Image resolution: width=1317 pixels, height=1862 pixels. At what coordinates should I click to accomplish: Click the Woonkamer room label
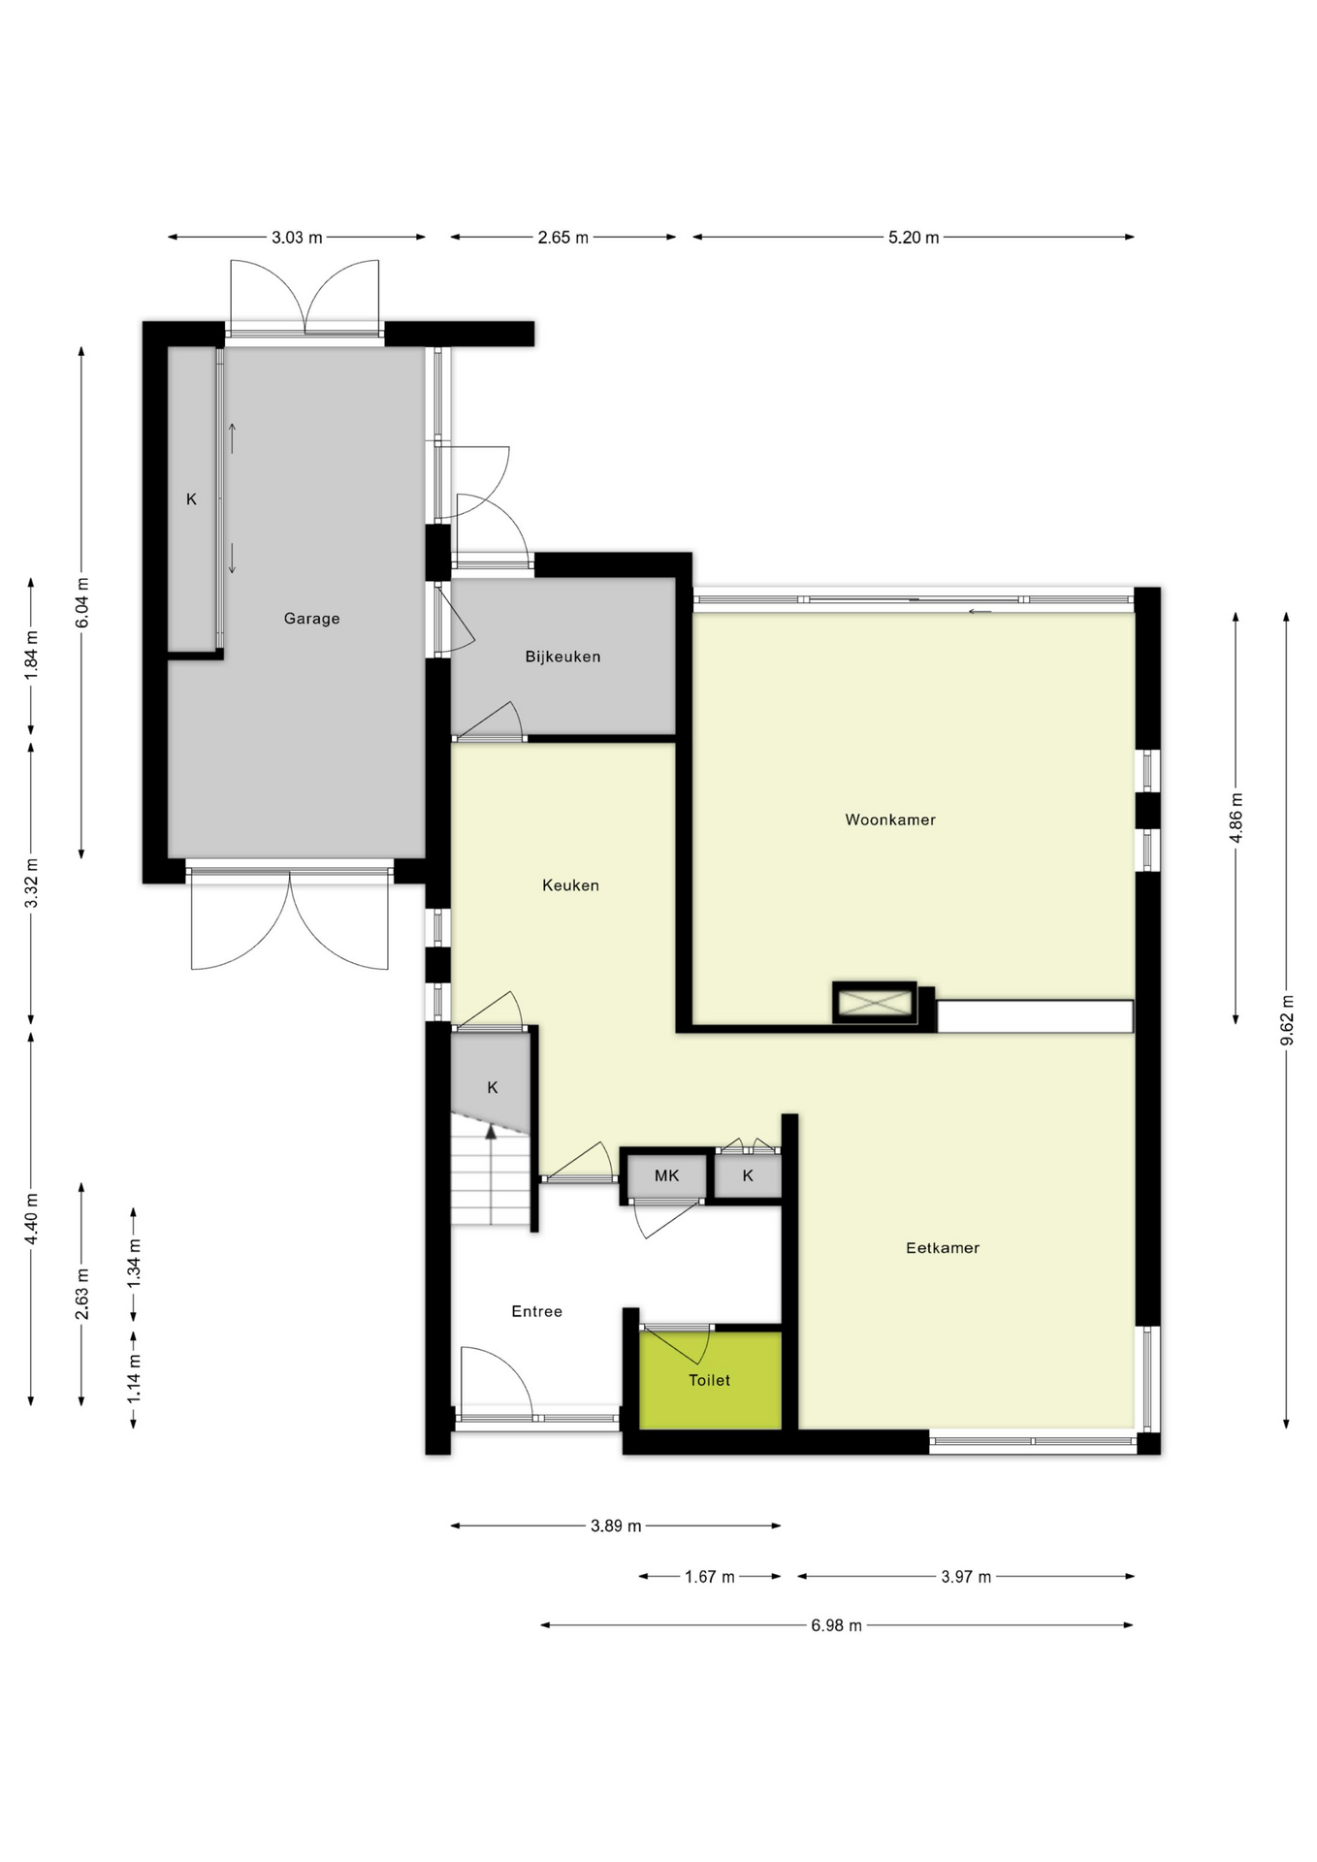coord(889,819)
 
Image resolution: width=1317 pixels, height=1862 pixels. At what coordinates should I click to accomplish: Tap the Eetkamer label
coord(942,1248)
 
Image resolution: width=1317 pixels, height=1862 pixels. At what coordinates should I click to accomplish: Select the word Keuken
coord(570,885)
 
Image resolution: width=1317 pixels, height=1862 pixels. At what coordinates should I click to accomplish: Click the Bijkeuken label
coord(562,657)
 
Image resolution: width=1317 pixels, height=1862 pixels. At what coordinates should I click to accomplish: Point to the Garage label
coord(311,619)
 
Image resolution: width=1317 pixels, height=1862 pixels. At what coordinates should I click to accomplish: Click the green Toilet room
coord(709,1380)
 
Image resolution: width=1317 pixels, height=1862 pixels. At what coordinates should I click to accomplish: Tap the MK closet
coord(666,1176)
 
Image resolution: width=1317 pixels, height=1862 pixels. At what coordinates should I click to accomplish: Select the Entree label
coord(536,1311)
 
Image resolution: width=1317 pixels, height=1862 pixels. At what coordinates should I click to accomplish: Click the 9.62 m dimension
coord(1287,1020)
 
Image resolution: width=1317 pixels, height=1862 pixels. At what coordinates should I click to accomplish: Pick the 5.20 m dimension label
coord(913,238)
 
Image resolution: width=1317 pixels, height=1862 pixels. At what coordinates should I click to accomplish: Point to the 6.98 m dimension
coord(836,1625)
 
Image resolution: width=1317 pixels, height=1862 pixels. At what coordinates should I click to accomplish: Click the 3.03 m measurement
coord(297,238)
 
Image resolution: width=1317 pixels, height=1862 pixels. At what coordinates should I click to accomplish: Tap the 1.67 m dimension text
coord(709,1577)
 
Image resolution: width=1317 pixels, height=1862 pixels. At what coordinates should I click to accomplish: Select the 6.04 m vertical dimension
coord(82,603)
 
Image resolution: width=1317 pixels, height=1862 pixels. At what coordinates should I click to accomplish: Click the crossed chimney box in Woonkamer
coord(875,1003)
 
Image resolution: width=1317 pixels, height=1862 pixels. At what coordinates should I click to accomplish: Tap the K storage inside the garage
coord(191,499)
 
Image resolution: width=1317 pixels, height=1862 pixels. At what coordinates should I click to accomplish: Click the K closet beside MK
coord(748,1176)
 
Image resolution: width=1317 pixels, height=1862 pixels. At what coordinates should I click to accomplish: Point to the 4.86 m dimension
coord(1237,818)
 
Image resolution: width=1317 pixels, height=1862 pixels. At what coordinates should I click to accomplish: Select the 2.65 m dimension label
coord(562,238)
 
